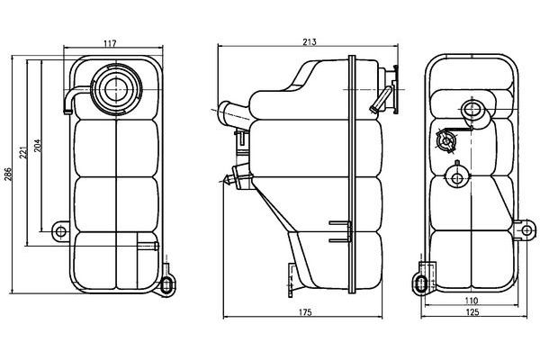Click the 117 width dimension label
110,43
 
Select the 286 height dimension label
8,175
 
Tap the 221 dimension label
23,152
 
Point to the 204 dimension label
38,146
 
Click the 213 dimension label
310,42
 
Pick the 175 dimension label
305,312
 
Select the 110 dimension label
471,301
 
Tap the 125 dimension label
472,312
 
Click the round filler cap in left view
116,89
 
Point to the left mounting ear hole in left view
60,231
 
